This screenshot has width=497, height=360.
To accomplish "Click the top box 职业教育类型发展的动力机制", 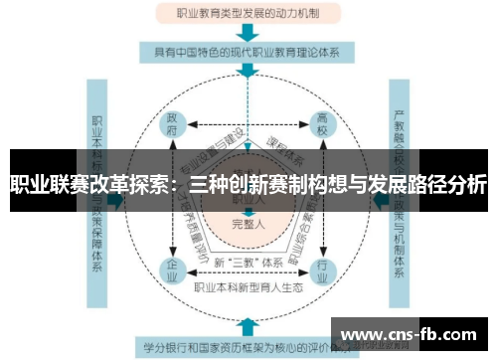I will tap(247, 14).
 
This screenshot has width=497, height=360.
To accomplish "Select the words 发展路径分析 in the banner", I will tap(427, 185).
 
